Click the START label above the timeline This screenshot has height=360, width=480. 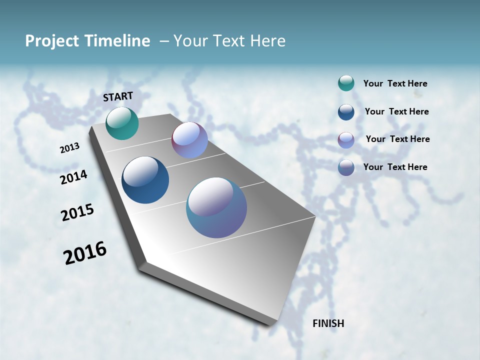[x=118, y=96]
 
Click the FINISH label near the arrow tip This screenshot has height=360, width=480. [x=328, y=323]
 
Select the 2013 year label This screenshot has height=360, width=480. [x=69, y=148]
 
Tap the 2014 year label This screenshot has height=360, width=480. [x=73, y=177]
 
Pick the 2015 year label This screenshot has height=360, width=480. [x=77, y=212]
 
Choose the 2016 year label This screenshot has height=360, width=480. [x=85, y=253]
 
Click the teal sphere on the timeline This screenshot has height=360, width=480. [x=122, y=123]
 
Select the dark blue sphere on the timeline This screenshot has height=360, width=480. [x=145, y=180]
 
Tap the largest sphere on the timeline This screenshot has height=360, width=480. [x=216, y=207]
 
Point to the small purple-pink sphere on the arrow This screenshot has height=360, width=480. [x=189, y=140]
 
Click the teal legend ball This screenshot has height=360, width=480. [x=346, y=83]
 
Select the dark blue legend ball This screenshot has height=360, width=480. [x=346, y=112]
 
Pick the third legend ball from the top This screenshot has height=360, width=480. [x=346, y=140]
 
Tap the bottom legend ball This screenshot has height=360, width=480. [x=346, y=167]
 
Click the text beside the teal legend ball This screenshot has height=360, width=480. [x=395, y=84]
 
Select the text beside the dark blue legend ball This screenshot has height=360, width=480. [x=396, y=111]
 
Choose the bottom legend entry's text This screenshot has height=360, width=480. [x=395, y=167]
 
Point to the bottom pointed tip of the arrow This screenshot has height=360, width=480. [x=272, y=324]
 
